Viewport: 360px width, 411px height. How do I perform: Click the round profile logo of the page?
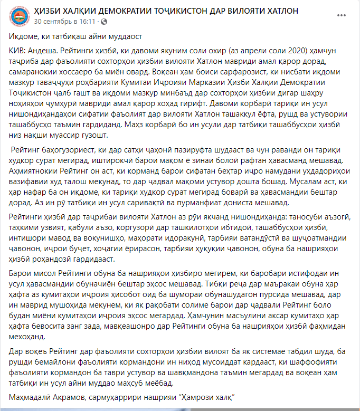click(20, 15)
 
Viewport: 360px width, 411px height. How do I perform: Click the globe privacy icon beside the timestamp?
click(102, 22)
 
